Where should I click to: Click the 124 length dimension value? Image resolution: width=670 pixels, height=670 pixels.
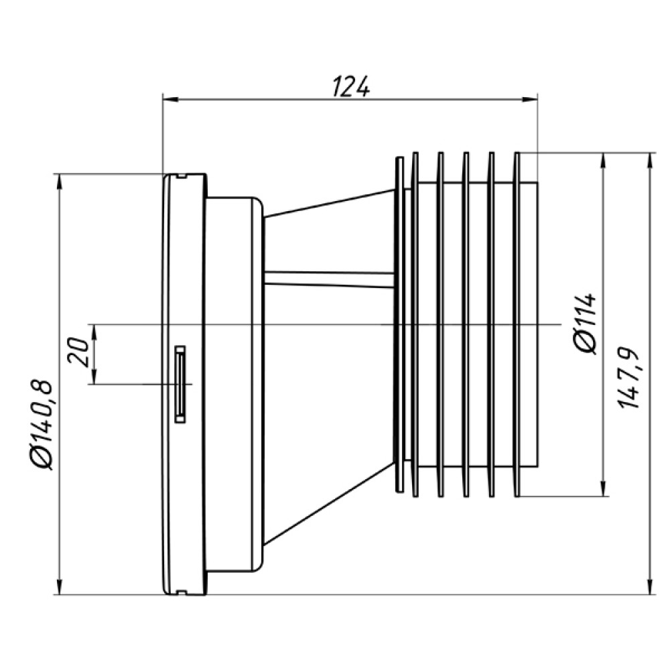(350, 86)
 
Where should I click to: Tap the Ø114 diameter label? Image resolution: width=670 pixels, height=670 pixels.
(586, 324)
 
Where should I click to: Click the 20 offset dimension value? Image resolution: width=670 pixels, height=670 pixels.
(78, 352)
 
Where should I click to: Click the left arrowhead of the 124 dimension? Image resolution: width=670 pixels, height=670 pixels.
(170, 100)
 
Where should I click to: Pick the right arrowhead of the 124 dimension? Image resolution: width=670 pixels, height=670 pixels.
(530, 100)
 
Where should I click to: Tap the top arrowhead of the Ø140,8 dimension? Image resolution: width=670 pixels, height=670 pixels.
(60, 181)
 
